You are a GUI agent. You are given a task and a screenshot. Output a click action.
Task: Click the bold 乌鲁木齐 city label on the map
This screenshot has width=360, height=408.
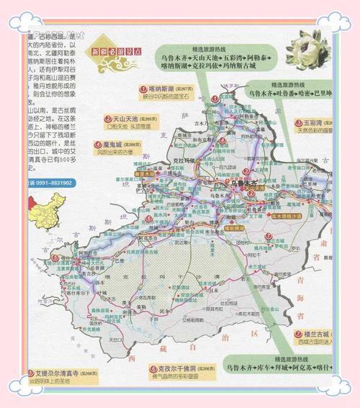(x=244, y=184)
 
